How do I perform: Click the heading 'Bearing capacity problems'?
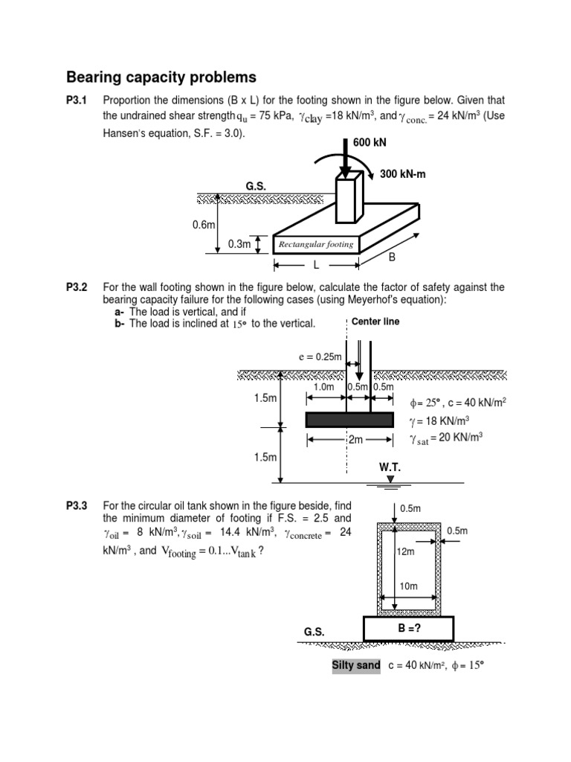pyautogui.click(x=161, y=77)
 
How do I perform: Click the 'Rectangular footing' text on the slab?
pyautogui.click(x=315, y=244)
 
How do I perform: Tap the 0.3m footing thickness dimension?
pyautogui.click(x=239, y=243)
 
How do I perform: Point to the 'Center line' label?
pyautogui.click(x=380, y=321)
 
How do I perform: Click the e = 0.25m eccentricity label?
pyautogui.click(x=319, y=356)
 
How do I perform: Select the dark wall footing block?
pyautogui.click(x=349, y=420)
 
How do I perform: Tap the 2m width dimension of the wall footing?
pyautogui.click(x=356, y=440)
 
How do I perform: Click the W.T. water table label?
pyautogui.click(x=390, y=467)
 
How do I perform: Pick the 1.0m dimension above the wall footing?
pyautogui.click(x=324, y=387)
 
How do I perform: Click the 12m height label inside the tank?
pyautogui.click(x=406, y=551)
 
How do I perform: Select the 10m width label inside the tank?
pyautogui.click(x=409, y=586)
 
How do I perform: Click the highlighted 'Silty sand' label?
pyautogui.click(x=356, y=665)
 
